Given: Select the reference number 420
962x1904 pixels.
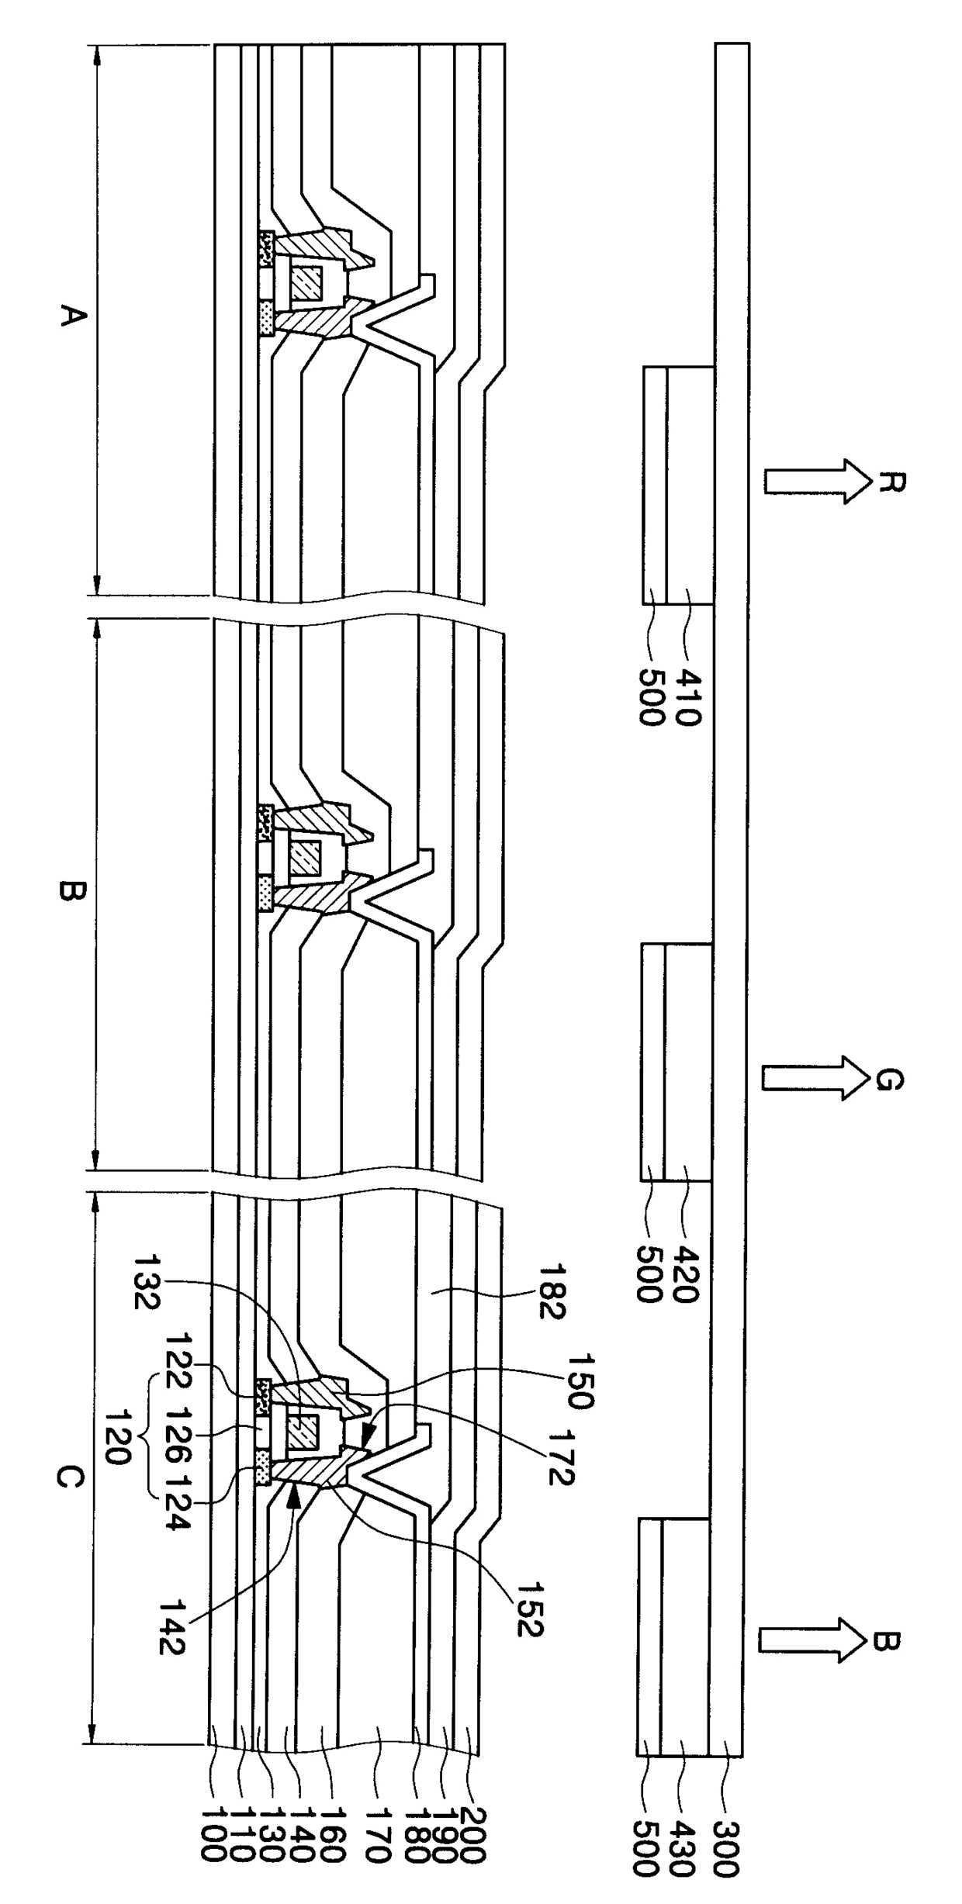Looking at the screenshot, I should tap(687, 1273).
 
